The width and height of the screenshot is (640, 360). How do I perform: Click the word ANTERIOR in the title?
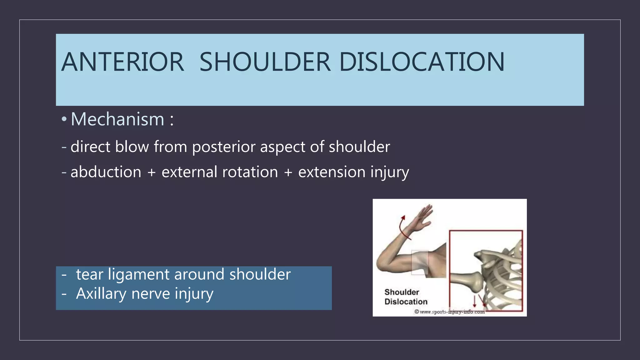(x=122, y=62)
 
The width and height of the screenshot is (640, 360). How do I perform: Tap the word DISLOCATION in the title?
(x=422, y=62)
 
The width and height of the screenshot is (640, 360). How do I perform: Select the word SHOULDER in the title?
(x=265, y=62)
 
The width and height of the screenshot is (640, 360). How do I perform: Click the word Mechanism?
(x=117, y=119)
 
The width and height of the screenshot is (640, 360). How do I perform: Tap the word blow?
(x=132, y=147)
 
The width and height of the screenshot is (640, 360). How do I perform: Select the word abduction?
(x=106, y=172)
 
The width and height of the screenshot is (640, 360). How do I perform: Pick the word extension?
(x=332, y=172)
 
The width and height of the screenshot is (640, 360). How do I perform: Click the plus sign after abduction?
(x=152, y=172)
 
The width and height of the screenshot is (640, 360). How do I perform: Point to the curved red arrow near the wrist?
(x=404, y=228)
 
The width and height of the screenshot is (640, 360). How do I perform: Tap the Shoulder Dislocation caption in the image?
(x=406, y=297)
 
